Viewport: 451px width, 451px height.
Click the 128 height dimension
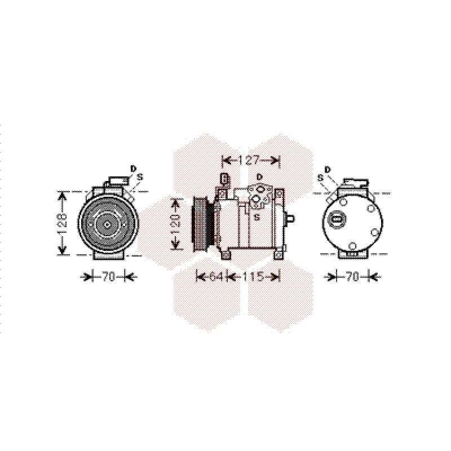coord(63,223)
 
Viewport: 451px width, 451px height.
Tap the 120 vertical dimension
coord(176,224)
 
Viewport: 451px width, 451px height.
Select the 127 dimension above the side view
coord(249,160)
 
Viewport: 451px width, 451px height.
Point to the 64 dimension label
coord(216,277)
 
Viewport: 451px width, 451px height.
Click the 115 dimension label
coord(253,277)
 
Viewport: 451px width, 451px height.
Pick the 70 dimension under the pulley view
coord(109,277)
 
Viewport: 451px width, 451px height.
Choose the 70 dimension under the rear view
coord(352,277)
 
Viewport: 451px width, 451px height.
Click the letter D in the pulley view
coord(133,169)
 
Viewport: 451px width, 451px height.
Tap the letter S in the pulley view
coord(140,177)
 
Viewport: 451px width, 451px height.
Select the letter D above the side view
coord(260,176)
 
